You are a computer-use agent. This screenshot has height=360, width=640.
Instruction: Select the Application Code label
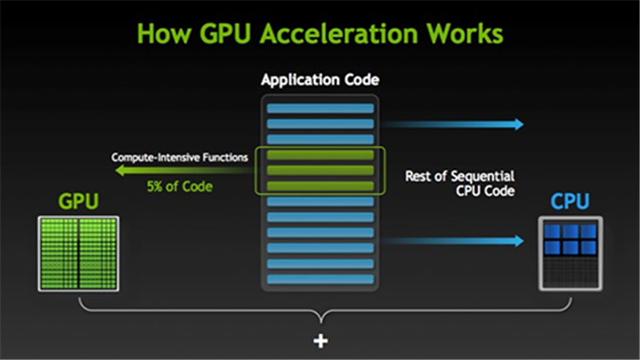(320, 81)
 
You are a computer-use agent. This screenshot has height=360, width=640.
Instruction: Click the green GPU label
(78, 201)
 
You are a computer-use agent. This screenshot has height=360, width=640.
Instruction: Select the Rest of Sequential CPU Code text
(460, 184)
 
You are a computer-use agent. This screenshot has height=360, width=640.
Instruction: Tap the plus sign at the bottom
(320, 341)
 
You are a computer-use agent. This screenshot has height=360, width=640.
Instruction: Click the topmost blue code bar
(320, 108)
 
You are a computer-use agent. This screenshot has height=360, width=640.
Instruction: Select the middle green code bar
(320, 170)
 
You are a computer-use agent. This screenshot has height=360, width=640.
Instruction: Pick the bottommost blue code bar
(320, 279)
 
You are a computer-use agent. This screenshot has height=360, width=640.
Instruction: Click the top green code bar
(320, 154)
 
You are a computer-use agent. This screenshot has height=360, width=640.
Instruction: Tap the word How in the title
(163, 35)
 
